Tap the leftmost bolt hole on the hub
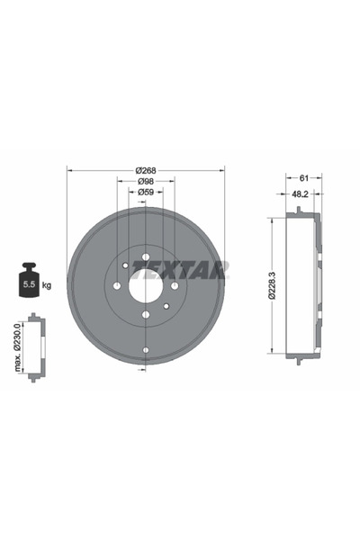[x=116, y=286]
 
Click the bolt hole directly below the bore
[x=145, y=315]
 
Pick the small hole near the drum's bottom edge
[x=145, y=350]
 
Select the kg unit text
[x=47, y=284]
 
